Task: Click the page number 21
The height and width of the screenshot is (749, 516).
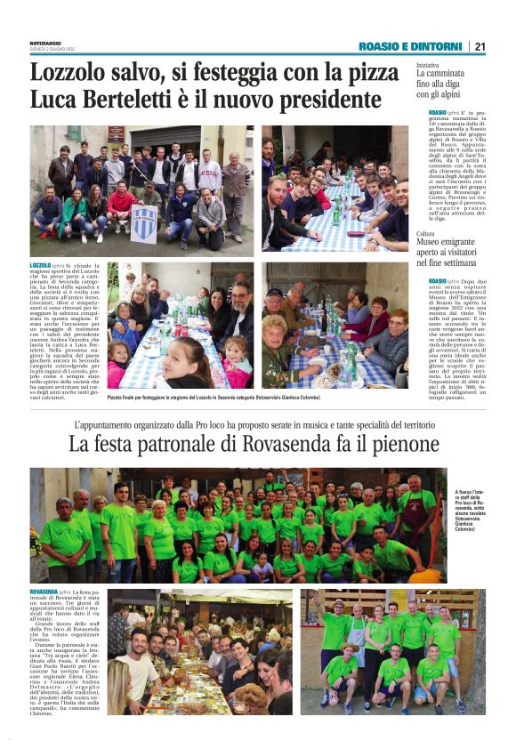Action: pos(480,46)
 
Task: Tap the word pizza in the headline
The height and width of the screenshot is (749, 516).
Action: pos(369,73)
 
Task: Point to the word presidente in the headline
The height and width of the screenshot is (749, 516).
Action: pos(323,99)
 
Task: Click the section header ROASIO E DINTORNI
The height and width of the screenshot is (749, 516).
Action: pos(410,46)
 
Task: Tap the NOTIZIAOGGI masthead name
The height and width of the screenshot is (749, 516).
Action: pos(48,43)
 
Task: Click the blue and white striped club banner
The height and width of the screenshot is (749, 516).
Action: pos(143,223)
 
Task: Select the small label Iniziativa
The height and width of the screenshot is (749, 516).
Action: pos(429,66)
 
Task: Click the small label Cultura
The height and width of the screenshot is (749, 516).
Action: pos(426,233)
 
